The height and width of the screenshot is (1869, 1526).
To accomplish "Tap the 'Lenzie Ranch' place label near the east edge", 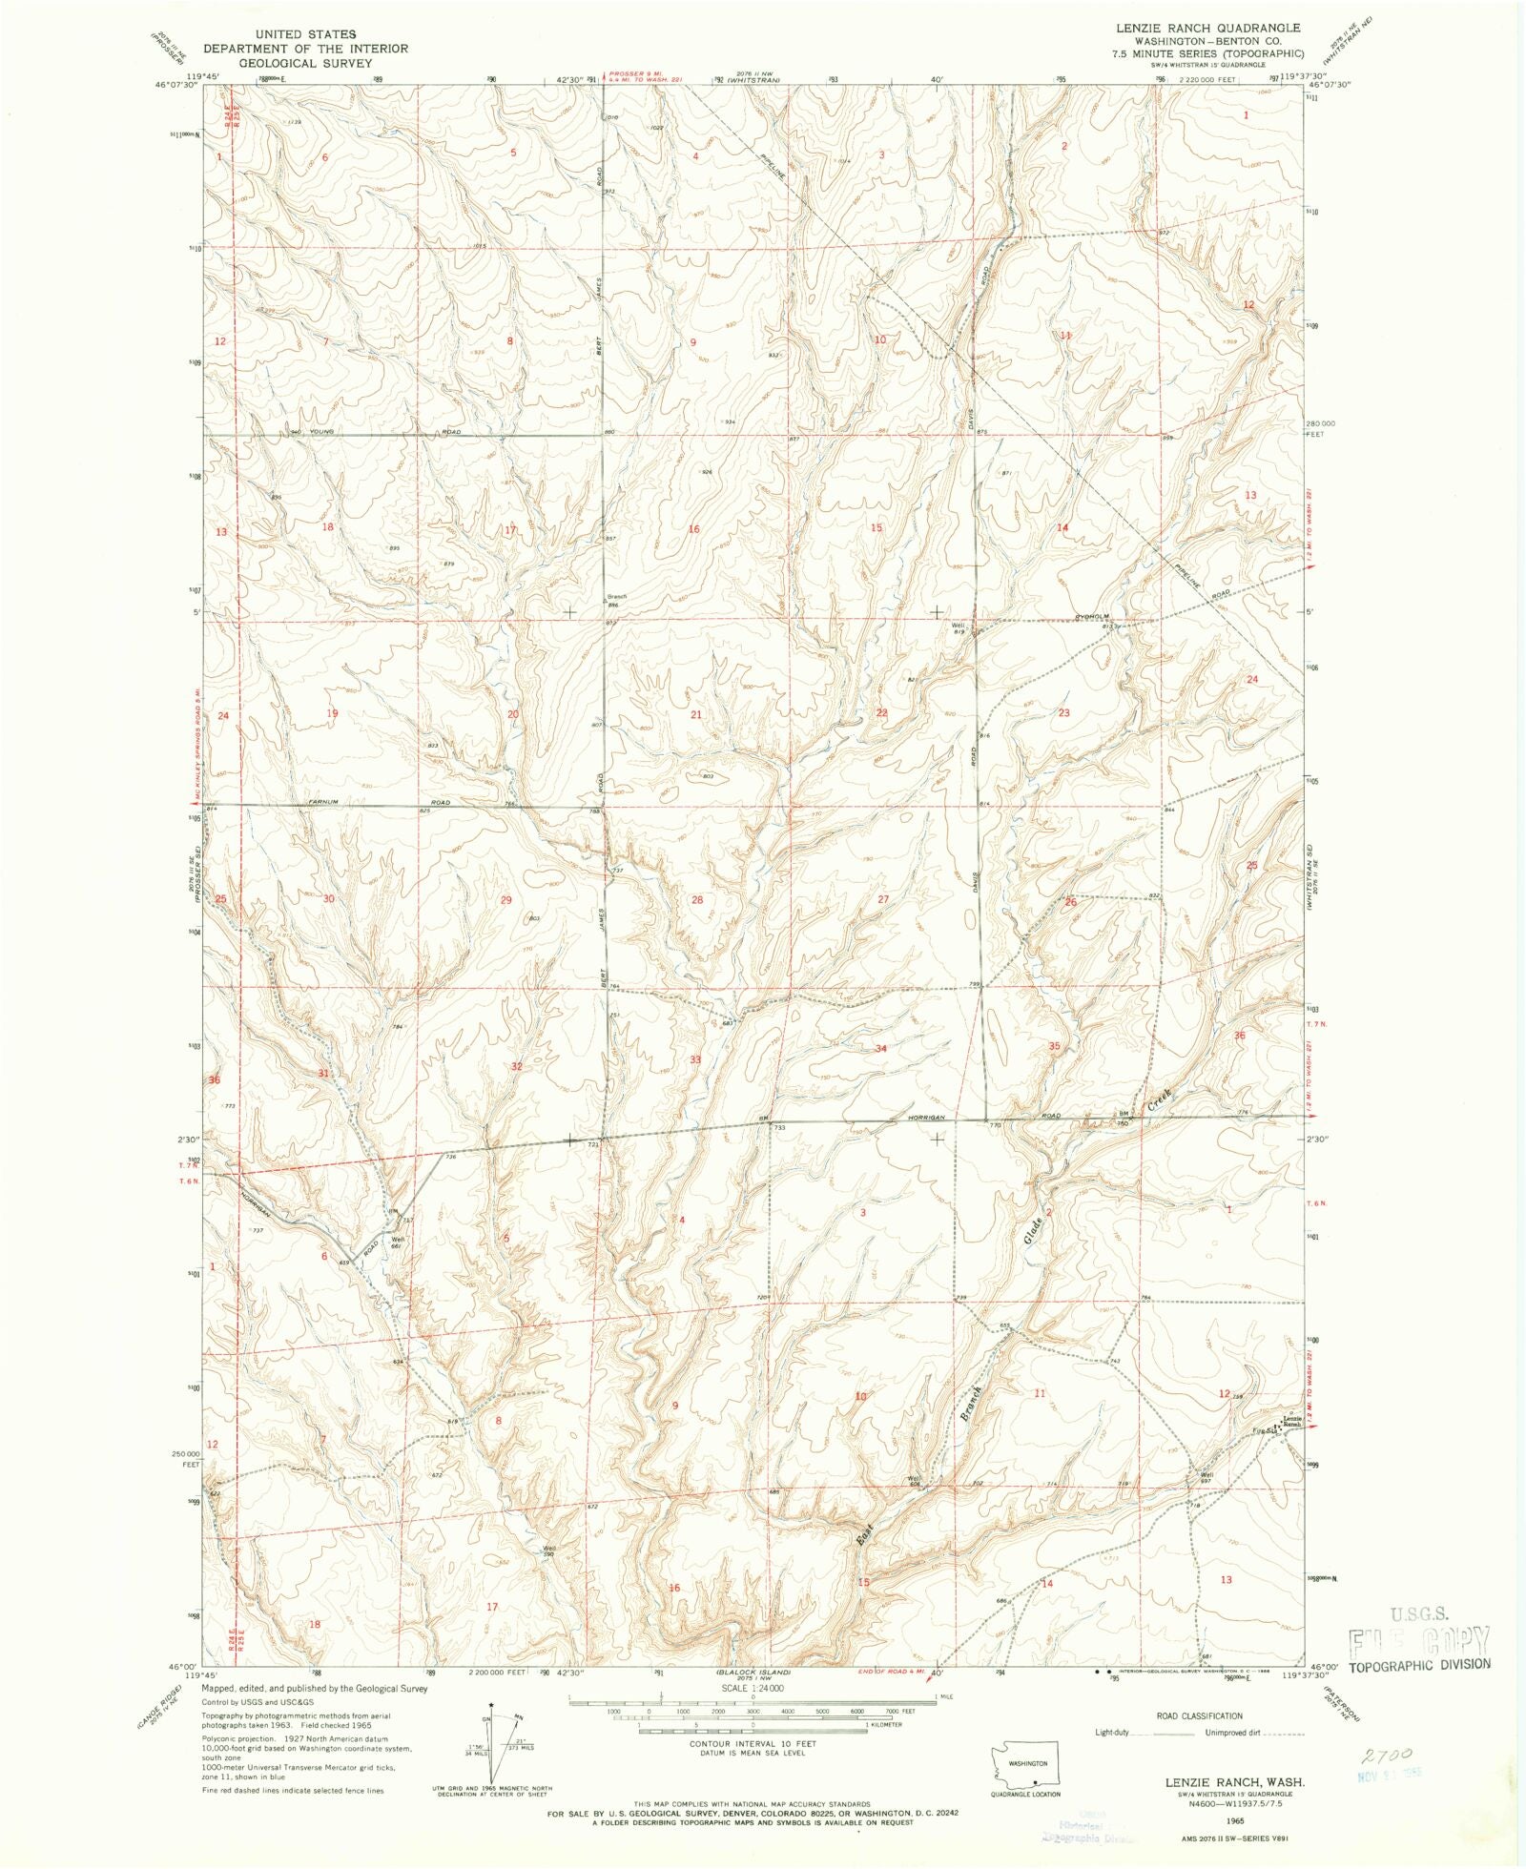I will [x=1291, y=1421].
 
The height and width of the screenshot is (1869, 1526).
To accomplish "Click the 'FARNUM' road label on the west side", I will [x=324, y=802].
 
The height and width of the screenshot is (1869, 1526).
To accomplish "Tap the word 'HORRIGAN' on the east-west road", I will [x=925, y=1117].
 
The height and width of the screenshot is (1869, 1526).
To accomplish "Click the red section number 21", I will [x=696, y=714].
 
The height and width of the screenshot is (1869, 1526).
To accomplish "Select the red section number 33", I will [x=695, y=1059].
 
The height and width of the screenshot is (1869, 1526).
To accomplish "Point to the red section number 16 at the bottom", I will [x=674, y=1588].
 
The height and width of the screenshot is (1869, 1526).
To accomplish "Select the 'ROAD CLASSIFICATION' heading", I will [x=1199, y=1715].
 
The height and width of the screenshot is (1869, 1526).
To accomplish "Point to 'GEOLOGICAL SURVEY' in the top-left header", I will [x=305, y=63].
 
